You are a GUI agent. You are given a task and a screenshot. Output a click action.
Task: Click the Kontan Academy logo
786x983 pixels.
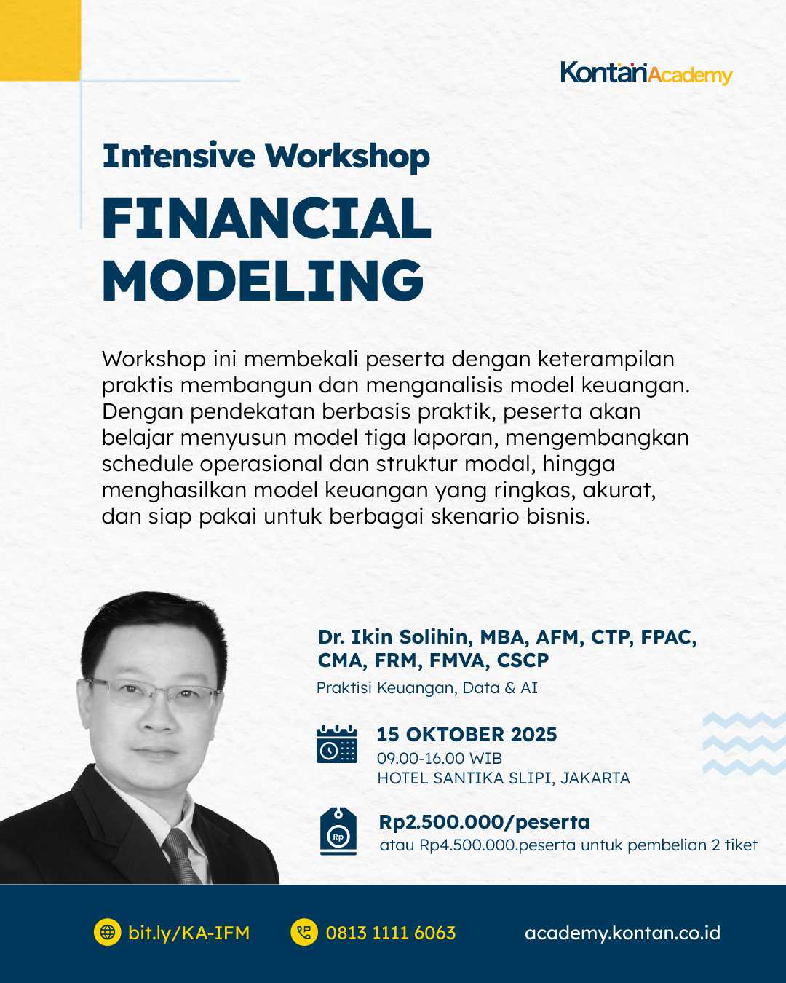pos(646,74)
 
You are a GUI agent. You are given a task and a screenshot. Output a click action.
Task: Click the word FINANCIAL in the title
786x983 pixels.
pos(266,218)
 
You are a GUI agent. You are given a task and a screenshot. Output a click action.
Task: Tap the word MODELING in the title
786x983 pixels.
pos(262,280)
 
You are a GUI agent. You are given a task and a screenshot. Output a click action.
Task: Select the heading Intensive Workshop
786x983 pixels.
pos(266,157)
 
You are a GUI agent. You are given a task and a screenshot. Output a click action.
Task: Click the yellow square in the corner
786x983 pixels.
pos(39,39)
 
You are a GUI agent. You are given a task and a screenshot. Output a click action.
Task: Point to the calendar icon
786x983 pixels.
pos(337,744)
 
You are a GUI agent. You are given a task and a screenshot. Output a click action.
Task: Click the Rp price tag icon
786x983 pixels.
pos(338,831)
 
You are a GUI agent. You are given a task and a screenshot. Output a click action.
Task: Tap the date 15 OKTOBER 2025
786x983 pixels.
pos(467,734)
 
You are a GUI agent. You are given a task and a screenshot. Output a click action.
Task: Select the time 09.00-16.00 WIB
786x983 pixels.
pos(439,758)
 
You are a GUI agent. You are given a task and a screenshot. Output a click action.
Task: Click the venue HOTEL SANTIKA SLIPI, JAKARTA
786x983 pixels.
pos(503,778)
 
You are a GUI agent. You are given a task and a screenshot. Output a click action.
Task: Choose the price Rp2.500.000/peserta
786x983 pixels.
pos(484,822)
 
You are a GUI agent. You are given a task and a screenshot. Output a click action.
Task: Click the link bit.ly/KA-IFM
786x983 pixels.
pos(188,933)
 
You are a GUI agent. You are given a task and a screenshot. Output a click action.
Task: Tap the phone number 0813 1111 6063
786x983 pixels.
pos(390,933)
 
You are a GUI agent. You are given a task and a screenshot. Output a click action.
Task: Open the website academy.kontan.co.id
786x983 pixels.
pos(622,933)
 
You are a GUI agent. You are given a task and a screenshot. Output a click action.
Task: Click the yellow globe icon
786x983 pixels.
pos(108,933)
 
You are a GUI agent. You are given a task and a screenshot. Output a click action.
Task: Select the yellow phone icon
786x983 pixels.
pos(304,933)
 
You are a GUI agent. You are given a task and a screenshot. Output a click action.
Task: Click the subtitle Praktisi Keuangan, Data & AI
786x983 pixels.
pos(427,687)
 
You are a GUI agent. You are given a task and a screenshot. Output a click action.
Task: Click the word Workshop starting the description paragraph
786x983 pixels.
pos(154,359)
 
